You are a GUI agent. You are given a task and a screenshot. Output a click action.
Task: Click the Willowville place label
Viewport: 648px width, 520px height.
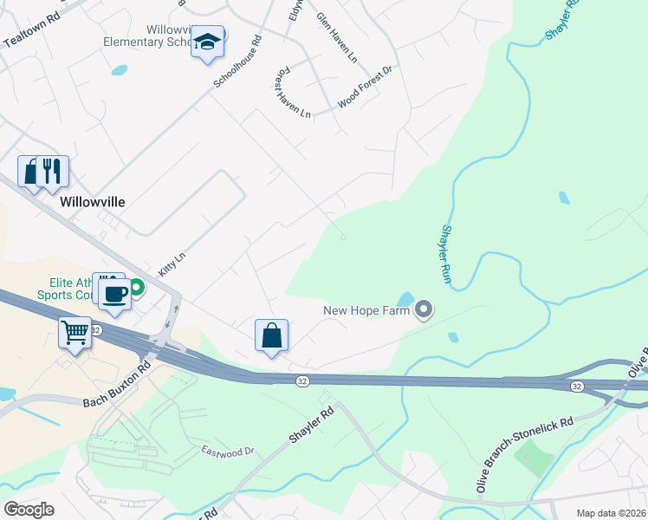point(93,201)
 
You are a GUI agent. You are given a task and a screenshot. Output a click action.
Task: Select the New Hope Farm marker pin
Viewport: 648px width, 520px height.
point(424,309)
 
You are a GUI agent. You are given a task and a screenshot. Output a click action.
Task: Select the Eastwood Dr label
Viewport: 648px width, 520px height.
point(227,451)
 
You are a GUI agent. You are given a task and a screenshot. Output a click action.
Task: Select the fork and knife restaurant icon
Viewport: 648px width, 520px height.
point(52,171)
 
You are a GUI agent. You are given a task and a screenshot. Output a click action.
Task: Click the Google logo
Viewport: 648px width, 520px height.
point(29,509)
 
